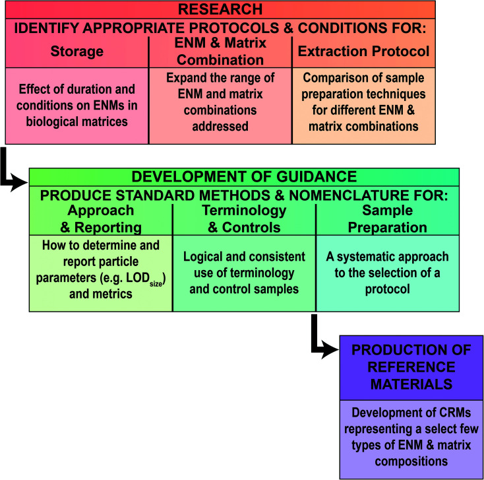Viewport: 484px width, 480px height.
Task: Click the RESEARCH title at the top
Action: (220, 9)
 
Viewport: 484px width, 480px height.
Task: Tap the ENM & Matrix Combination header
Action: (220, 51)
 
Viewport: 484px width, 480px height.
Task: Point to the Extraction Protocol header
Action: (363, 51)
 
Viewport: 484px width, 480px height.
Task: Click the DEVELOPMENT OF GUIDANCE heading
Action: (244, 177)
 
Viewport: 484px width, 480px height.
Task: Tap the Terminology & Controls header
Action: (244, 219)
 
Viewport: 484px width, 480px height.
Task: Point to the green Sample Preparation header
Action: (388, 219)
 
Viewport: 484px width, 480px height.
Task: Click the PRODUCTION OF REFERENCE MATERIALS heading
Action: (411, 367)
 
